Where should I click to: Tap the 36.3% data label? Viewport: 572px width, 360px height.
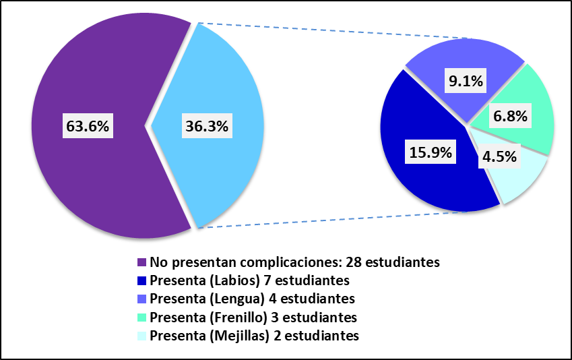pyautogui.click(x=206, y=125)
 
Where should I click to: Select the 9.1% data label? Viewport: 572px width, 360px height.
pyautogui.click(x=466, y=82)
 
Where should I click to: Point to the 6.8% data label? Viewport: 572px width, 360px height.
pyautogui.click(x=510, y=116)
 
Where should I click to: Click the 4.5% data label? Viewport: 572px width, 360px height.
pyautogui.click(x=499, y=157)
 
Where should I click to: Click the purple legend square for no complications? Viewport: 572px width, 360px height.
pyautogui.click(x=141, y=262)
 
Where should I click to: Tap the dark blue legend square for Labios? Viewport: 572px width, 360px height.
pyautogui.click(x=141, y=280)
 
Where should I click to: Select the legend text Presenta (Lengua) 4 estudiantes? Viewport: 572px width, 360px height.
pyautogui.click(x=253, y=298)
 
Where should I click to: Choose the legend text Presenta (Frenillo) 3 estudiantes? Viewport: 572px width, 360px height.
pyautogui.click(x=253, y=317)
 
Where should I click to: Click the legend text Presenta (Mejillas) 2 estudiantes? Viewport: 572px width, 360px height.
pyautogui.click(x=255, y=335)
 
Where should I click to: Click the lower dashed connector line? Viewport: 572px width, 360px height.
pyautogui.click(x=323, y=220)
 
